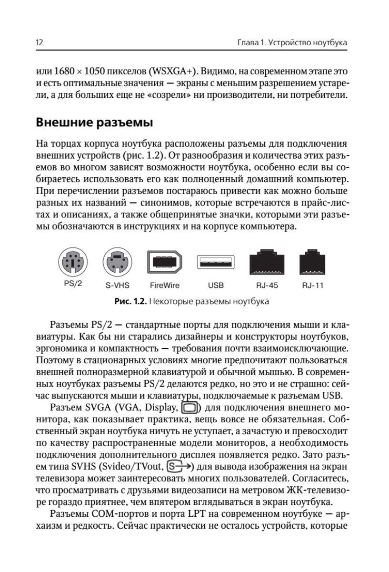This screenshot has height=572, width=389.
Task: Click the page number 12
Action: coord(40,43)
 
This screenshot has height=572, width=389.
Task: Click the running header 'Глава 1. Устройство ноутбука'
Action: coord(291,43)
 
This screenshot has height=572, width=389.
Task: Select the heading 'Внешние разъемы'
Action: coord(94,123)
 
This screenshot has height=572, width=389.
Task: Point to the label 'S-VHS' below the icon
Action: coord(118,286)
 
